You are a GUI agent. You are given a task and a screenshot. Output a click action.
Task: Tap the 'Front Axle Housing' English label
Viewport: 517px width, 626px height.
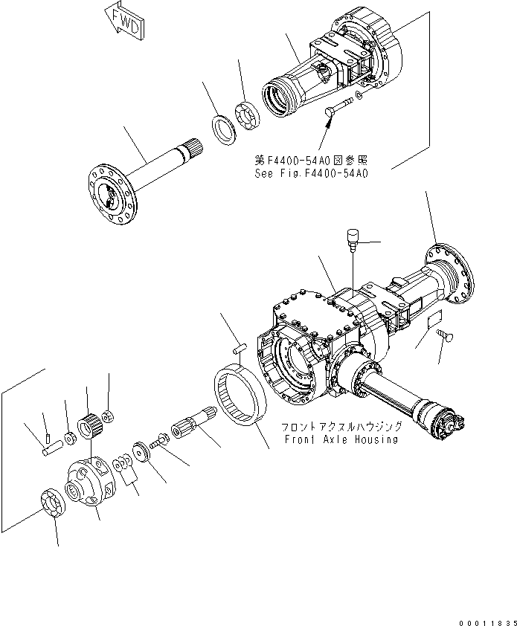(341, 439)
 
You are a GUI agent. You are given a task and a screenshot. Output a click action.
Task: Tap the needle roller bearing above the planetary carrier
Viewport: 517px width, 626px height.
(89, 425)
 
